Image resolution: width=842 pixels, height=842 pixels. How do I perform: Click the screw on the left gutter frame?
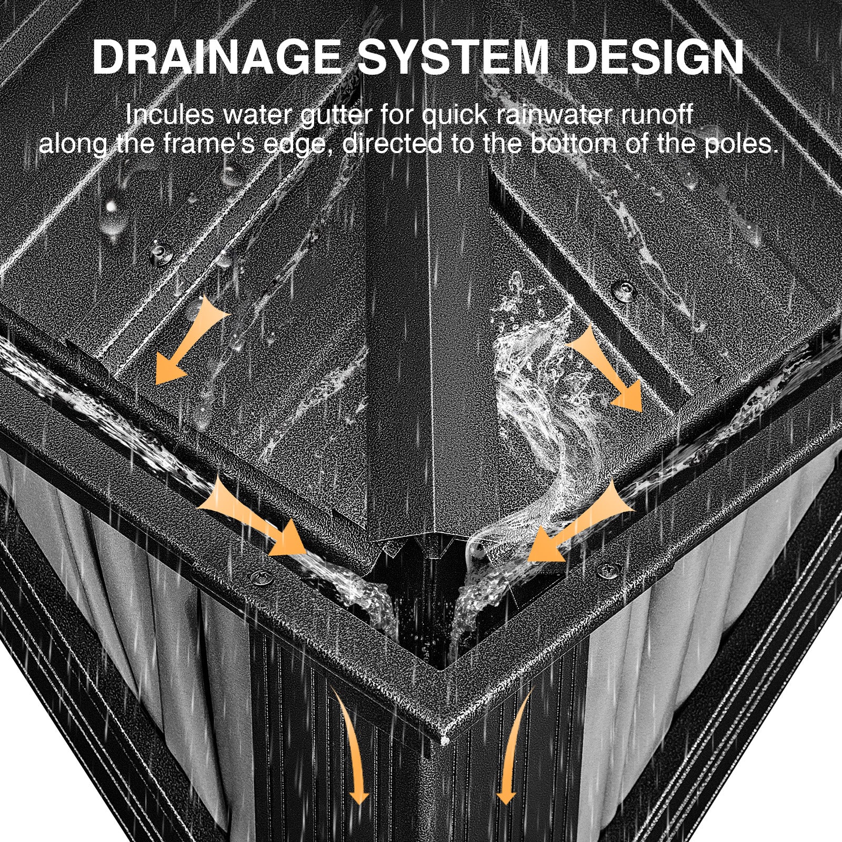pyautogui.click(x=258, y=577)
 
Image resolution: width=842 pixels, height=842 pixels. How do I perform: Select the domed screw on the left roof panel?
pyautogui.click(x=158, y=255)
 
